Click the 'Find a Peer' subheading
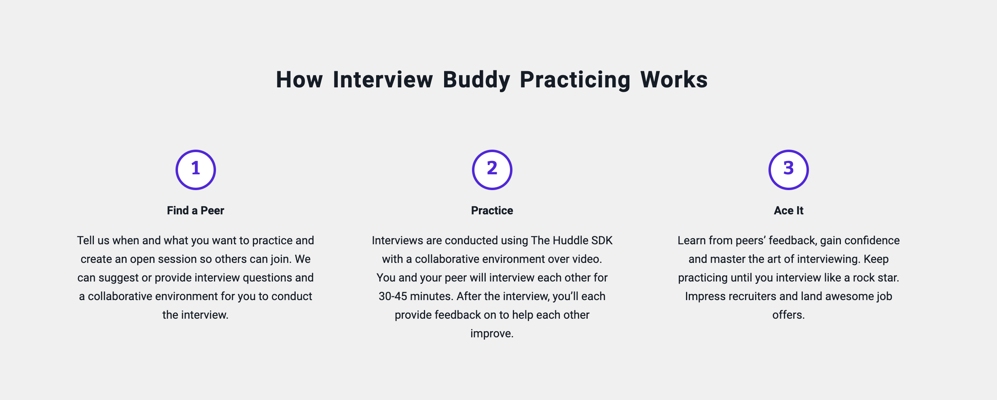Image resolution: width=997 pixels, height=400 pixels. click(x=195, y=210)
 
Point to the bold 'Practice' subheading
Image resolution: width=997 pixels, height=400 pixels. click(x=492, y=210)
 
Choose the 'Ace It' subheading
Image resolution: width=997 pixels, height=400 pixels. click(x=789, y=210)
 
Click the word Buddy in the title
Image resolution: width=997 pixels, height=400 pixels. click(x=476, y=80)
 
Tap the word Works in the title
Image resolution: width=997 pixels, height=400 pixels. click(x=674, y=80)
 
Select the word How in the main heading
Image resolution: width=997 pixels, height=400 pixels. click(x=299, y=80)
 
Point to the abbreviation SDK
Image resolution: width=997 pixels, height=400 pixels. click(x=602, y=240)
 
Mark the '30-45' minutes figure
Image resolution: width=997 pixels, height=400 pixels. click(x=393, y=296)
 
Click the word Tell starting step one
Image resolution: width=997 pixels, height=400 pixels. click(x=86, y=240)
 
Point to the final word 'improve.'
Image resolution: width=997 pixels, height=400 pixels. click(x=492, y=334)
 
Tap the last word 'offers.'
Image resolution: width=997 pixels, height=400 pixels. click(x=789, y=315)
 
